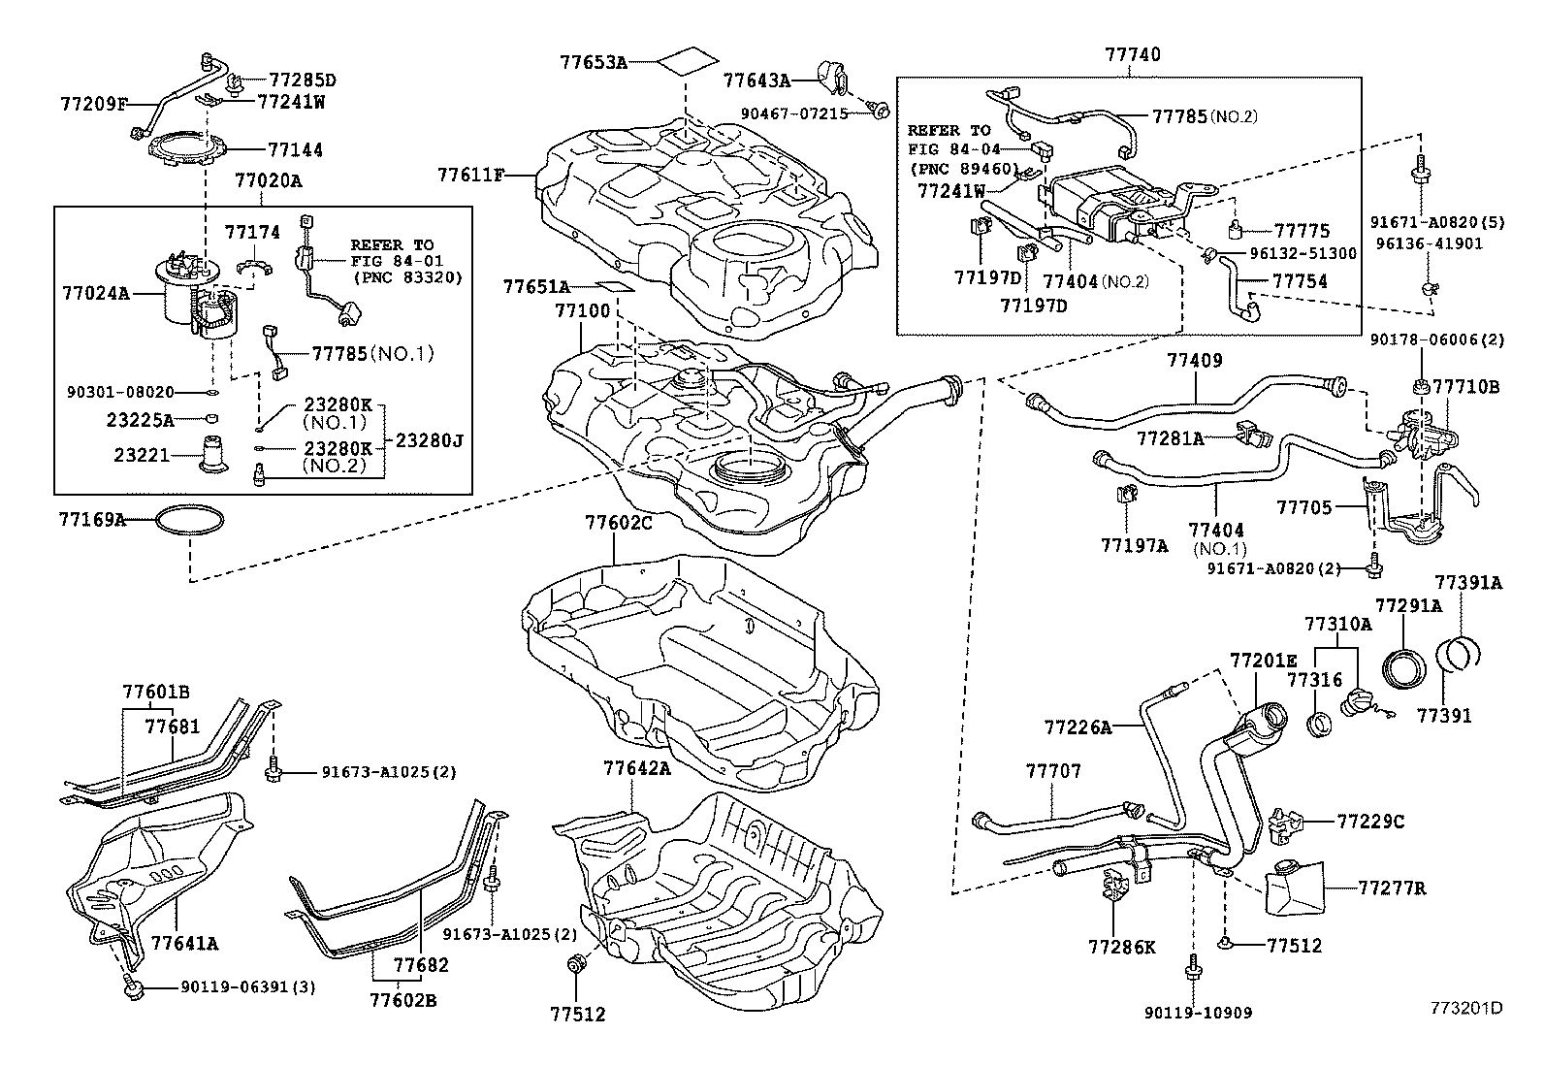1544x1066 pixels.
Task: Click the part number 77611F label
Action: click(471, 175)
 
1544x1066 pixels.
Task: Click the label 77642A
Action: click(636, 767)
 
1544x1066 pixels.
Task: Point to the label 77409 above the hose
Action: click(1194, 361)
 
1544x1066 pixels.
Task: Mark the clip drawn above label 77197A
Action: click(1127, 495)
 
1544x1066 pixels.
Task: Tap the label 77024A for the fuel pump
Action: click(95, 291)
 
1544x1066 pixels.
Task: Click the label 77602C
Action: click(618, 523)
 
